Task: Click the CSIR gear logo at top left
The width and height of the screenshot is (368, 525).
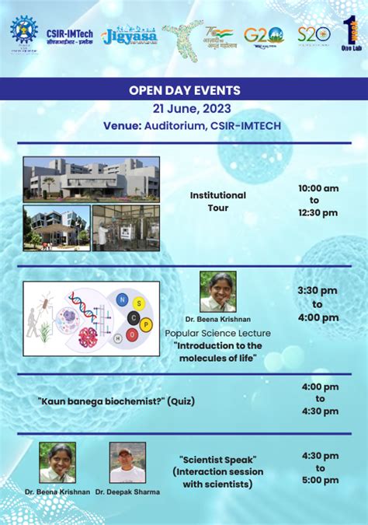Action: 23,30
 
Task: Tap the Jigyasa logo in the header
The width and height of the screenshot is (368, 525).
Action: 130,35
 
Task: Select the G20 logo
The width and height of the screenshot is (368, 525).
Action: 264,35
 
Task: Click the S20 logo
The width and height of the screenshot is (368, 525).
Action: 314,34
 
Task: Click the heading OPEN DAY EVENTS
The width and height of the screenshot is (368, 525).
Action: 184,90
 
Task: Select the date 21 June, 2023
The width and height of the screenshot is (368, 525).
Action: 184,107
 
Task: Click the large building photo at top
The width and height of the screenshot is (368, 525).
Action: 91,178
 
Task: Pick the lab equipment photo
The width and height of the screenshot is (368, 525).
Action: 125,227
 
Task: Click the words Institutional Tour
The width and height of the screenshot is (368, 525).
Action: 218,201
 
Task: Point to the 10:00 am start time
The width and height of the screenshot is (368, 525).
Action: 318,188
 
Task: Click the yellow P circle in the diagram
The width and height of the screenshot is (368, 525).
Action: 146,324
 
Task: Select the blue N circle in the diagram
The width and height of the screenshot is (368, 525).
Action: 121,299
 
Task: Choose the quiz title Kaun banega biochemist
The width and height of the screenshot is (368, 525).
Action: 116,401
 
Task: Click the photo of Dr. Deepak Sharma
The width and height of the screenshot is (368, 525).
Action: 127,463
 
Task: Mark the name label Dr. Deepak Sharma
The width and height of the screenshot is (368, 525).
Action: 127,492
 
